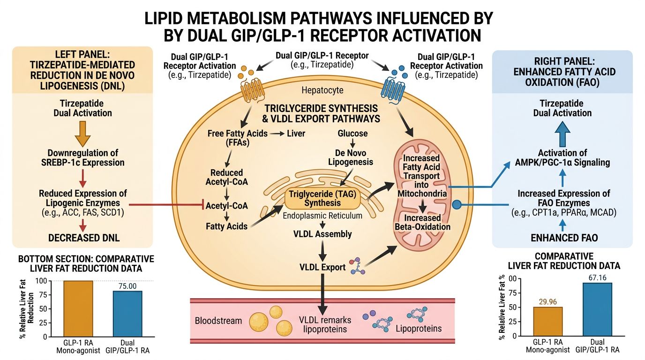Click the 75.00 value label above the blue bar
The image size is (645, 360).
(x=128, y=286)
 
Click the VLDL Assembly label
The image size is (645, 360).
(x=322, y=234)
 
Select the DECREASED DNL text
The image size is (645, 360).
(x=84, y=238)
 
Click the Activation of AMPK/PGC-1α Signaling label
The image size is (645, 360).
(x=562, y=157)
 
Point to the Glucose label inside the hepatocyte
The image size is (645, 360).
(x=352, y=134)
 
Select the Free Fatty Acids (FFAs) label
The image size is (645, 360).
(x=238, y=138)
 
